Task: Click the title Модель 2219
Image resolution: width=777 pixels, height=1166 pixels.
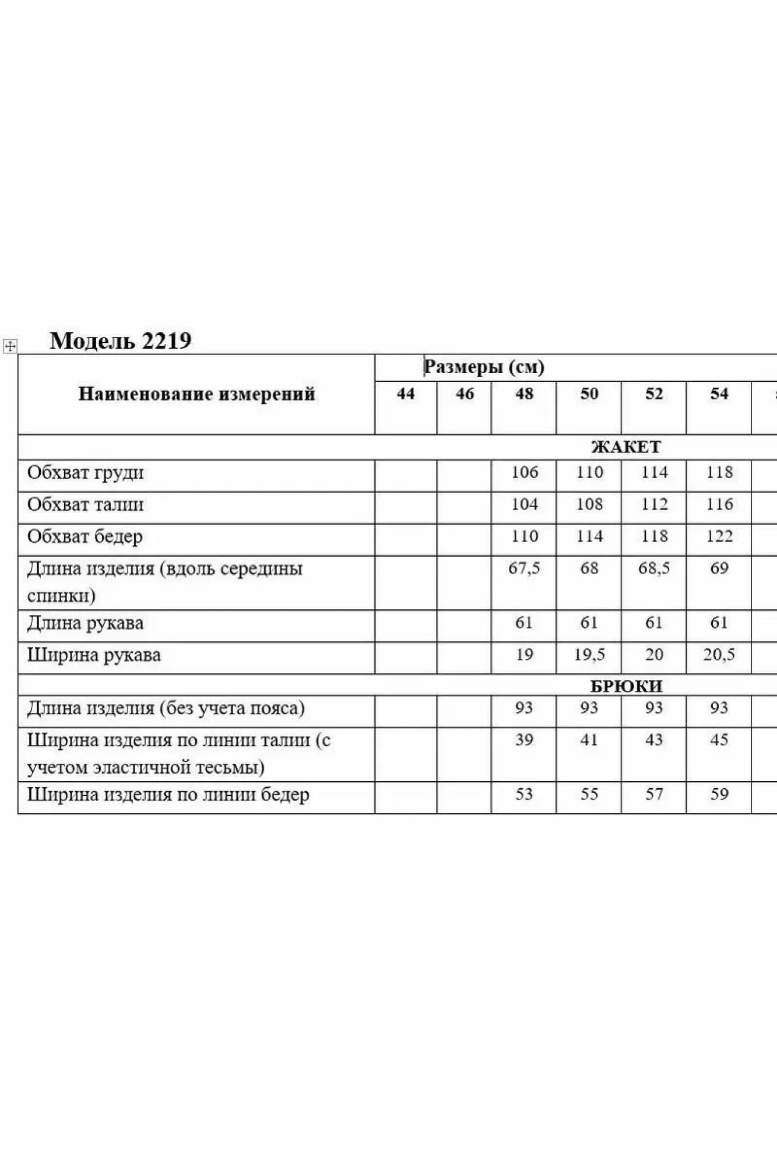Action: [121, 340]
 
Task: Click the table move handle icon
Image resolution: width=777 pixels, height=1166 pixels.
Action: [10, 346]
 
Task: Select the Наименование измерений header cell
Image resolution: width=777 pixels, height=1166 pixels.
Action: [196, 394]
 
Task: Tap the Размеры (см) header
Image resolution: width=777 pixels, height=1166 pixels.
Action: [484, 367]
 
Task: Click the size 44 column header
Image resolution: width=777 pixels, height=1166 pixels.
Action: [406, 394]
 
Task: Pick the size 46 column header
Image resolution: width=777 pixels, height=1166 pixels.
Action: [465, 394]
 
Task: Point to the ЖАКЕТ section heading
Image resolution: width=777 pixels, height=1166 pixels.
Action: [626, 447]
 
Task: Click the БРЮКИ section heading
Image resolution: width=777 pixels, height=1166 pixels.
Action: [626, 686]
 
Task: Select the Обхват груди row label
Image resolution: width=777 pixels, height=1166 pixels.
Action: [85, 473]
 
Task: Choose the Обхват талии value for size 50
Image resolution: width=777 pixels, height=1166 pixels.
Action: [589, 504]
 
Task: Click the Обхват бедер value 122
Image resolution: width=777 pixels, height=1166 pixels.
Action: [719, 536]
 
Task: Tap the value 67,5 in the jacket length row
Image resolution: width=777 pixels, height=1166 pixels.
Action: [524, 568]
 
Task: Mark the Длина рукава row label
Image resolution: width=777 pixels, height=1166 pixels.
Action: [85, 623]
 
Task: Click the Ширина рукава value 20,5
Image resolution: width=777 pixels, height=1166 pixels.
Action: [719, 655]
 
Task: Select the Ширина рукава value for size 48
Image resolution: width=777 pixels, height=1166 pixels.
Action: [524, 655]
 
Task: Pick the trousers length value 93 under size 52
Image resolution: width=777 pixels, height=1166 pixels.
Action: [654, 708]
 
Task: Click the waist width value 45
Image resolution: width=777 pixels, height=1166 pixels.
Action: [719, 740]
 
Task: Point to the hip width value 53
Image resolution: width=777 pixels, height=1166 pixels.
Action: [524, 794]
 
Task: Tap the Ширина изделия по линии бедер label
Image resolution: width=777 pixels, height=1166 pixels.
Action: [168, 795]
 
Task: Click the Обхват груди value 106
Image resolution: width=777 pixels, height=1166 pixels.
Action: [525, 472]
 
